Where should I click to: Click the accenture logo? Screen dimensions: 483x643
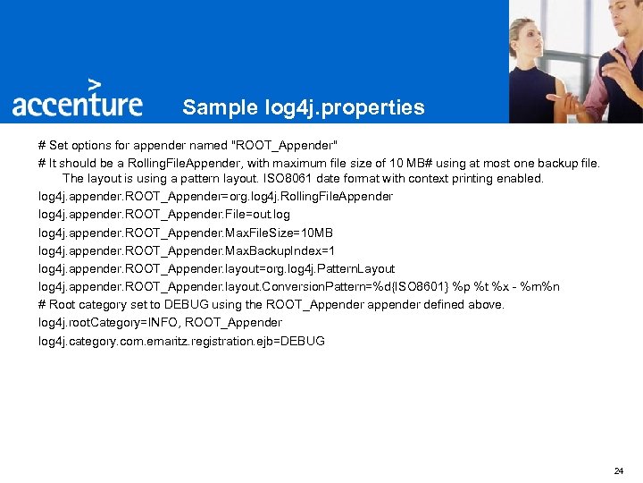tap(77, 104)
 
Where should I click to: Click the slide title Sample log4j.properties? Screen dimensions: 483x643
tap(304, 107)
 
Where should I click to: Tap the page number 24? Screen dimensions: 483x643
tap(619, 470)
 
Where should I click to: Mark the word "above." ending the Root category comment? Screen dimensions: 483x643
tap(486, 304)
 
